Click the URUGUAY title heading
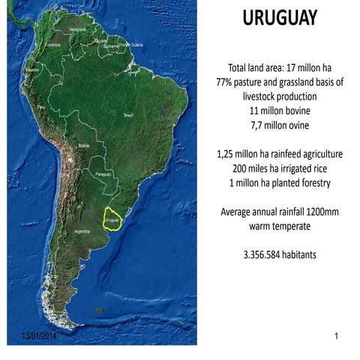pos(279,18)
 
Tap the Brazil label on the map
pos(127,115)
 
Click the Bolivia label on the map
pos(84,145)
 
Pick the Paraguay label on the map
pos(106,173)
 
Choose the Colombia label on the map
pos(52,44)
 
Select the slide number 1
pos(337,337)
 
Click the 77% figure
pos(225,82)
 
